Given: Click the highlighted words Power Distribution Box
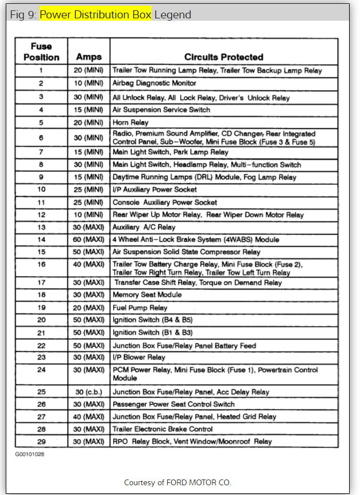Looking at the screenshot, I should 95,14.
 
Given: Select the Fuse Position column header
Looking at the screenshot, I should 41,52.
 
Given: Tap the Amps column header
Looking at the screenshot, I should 88,57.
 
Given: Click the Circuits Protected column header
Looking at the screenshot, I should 223,57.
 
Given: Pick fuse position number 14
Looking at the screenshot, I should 41,239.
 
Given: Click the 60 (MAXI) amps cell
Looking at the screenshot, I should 88,239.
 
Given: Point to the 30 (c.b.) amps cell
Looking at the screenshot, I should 88,392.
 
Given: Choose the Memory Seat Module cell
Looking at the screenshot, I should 147,295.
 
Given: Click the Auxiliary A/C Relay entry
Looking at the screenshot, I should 144,227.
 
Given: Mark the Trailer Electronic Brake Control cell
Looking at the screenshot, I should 162,429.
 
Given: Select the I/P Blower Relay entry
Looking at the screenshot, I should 139,357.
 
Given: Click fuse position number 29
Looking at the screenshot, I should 41,442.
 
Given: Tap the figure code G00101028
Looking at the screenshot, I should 30,454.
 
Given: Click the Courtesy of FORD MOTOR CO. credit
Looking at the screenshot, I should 177,482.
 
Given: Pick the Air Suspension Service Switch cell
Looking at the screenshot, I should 161,110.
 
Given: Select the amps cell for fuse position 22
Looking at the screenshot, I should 88,346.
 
